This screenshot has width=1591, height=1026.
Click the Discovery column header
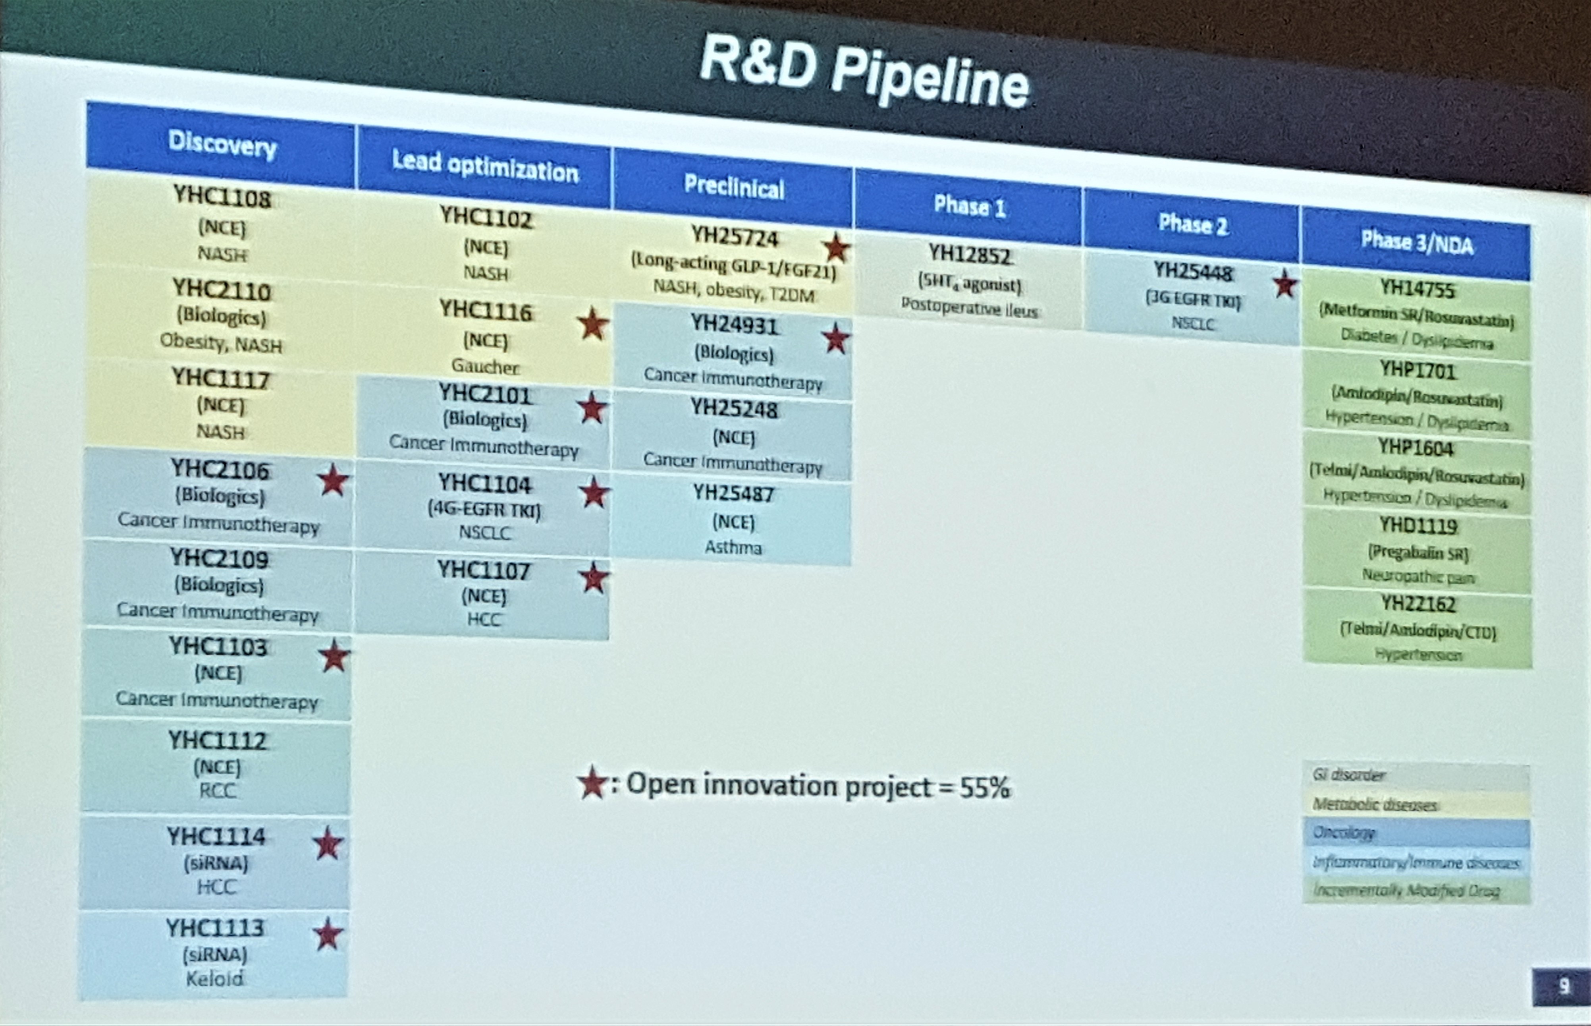pyautogui.click(x=222, y=143)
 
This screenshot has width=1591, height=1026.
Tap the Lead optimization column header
pyautogui.click(x=485, y=166)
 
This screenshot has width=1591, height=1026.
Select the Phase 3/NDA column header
pyautogui.click(x=1417, y=243)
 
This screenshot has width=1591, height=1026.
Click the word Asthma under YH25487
pyautogui.click(x=733, y=548)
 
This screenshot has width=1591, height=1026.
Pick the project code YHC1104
pyautogui.click(x=485, y=484)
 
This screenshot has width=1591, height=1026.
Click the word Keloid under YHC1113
pyautogui.click(x=214, y=979)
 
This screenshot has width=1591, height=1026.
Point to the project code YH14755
pyautogui.click(x=1417, y=289)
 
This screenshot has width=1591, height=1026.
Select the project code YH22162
pyautogui.click(x=1418, y=604)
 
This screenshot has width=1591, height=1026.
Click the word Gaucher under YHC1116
pyautogui.click(x=485, y=366)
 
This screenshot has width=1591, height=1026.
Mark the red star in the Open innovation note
pyautogui.click(x=591, y=783)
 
